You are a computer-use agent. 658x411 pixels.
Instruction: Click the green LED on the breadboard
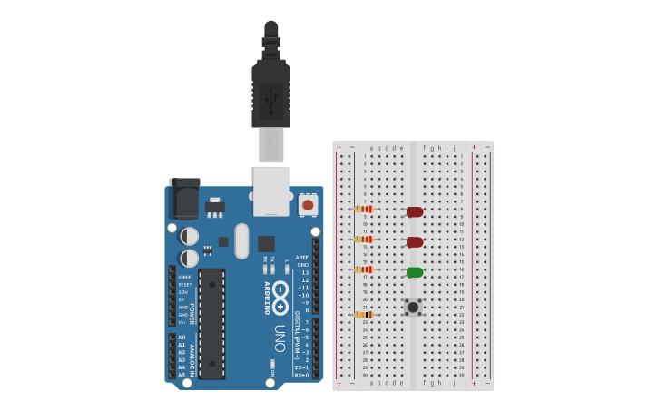[x=415, y=272]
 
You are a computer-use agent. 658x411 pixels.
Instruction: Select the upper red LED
[x=415, y=212]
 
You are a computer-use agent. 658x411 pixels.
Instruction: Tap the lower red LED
[x=415, y=242]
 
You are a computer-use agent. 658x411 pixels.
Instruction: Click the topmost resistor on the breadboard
[x=364, y=209]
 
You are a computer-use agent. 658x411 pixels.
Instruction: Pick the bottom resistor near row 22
[x=364, y=315]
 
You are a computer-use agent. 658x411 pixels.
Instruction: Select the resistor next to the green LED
[x=364, y=269]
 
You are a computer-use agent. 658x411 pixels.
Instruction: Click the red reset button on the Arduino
[x=308, y=205]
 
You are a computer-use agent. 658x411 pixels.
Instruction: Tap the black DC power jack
[x=185, y=199]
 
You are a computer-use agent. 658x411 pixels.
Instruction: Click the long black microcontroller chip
[x=211, y=323]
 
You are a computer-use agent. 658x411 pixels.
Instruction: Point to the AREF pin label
[x=302, y=257]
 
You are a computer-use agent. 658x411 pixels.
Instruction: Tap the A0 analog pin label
[x=182, y=338]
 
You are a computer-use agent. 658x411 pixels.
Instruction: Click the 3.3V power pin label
[x=183, y=292]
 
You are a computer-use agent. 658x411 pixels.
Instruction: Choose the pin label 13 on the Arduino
[x=305, y=272]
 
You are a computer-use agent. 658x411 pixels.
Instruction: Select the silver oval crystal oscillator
[x=241, y=241]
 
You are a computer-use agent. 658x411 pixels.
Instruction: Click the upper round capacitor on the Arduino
[x=190, y=236]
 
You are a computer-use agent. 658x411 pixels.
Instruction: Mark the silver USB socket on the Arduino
[x=270, y=191]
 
